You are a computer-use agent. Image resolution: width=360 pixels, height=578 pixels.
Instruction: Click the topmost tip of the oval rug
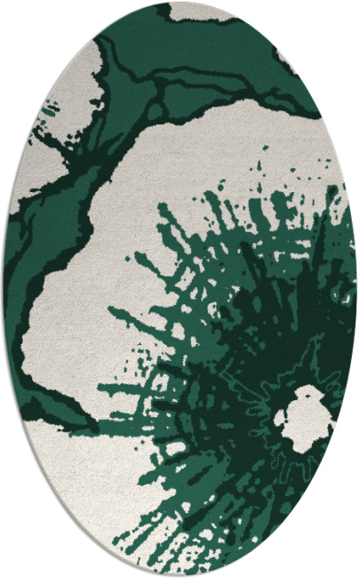pos(180,2)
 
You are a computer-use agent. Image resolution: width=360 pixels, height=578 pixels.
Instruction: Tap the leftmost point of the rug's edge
pos(4,289)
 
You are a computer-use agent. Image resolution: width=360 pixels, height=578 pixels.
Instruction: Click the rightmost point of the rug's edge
pos(356,289)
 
